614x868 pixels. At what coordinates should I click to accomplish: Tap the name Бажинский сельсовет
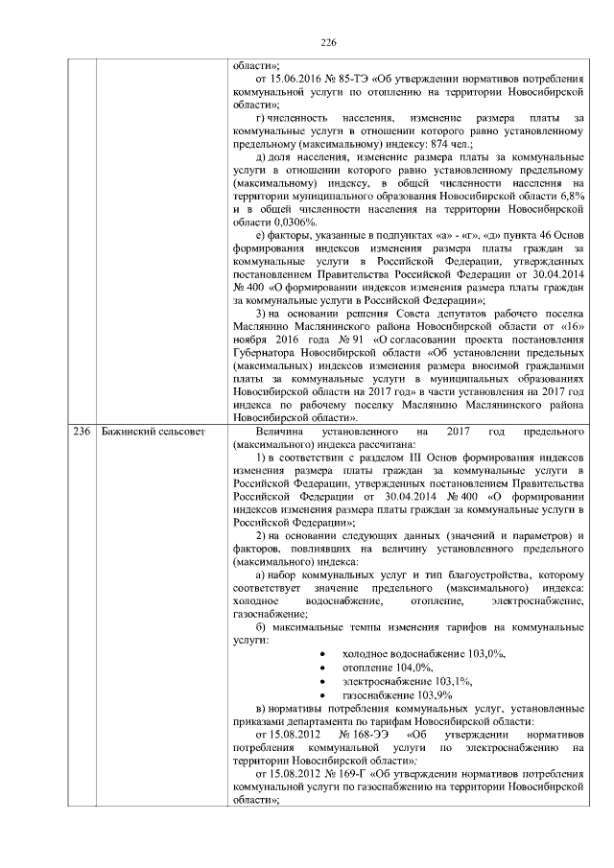(x=153, y=433)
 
